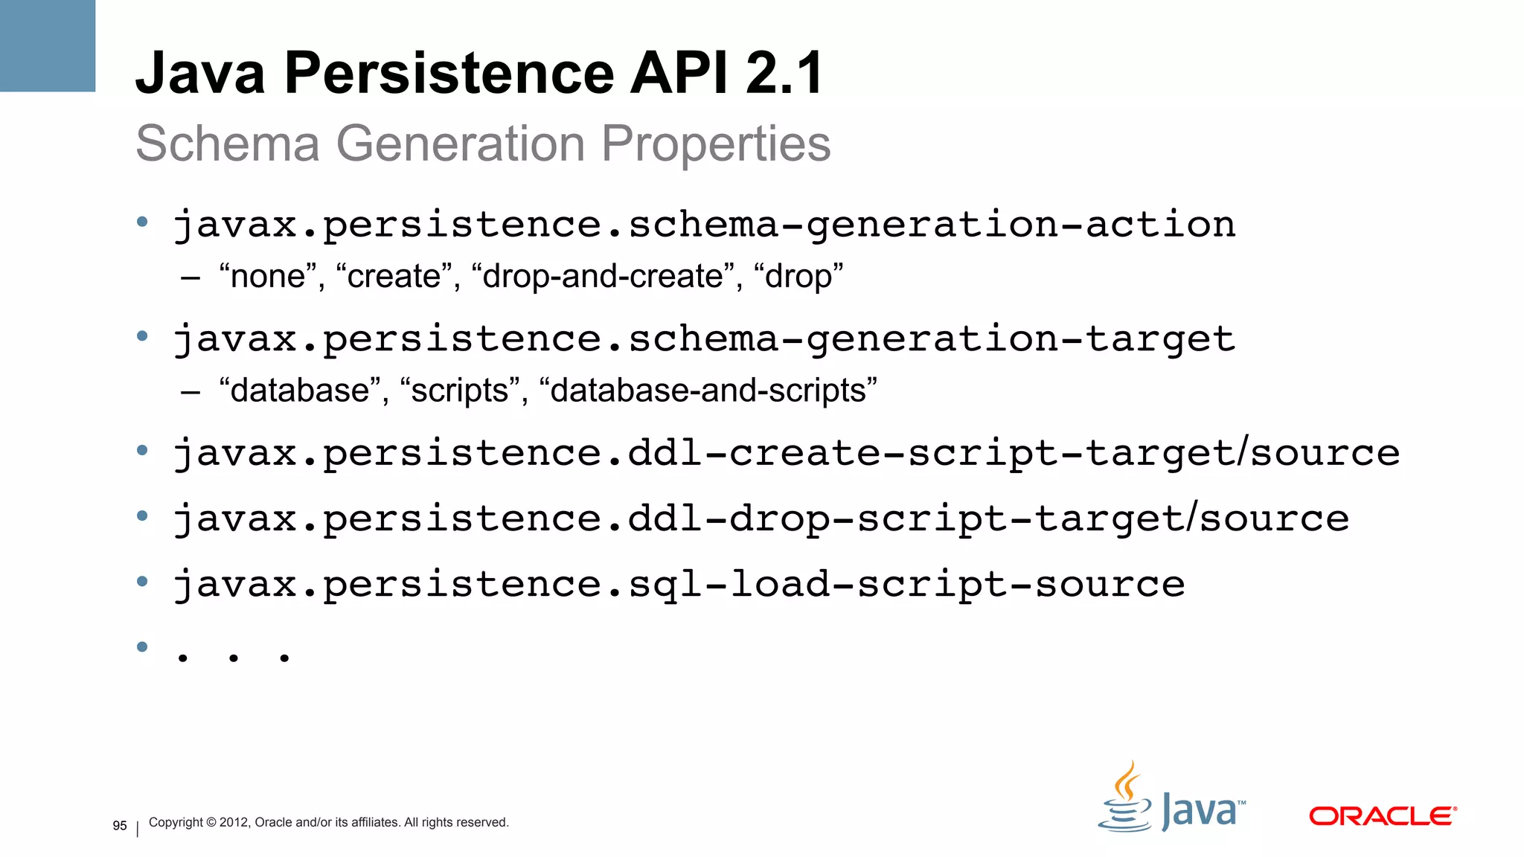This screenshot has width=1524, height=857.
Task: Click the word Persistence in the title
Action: point(449,73)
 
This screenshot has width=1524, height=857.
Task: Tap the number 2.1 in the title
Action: point(784,73)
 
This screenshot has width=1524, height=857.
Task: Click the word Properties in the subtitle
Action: point(716,144)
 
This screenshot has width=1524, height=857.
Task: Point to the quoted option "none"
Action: point(268,277)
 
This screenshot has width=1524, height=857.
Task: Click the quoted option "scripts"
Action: point(459,391)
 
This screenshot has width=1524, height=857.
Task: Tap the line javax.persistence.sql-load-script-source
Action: point(679,584)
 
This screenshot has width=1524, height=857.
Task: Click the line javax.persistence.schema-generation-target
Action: point(704,339)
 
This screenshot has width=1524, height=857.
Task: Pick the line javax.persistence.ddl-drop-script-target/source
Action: point(761,519)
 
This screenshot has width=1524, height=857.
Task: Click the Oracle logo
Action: point(1382,816)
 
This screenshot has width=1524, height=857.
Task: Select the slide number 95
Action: point(120,826)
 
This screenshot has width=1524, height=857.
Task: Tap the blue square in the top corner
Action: point(48,45)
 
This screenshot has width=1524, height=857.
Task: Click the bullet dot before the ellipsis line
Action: point(142,646)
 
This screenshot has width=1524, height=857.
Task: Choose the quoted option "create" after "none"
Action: point(394,277)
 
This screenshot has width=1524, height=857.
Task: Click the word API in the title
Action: point(679,73)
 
